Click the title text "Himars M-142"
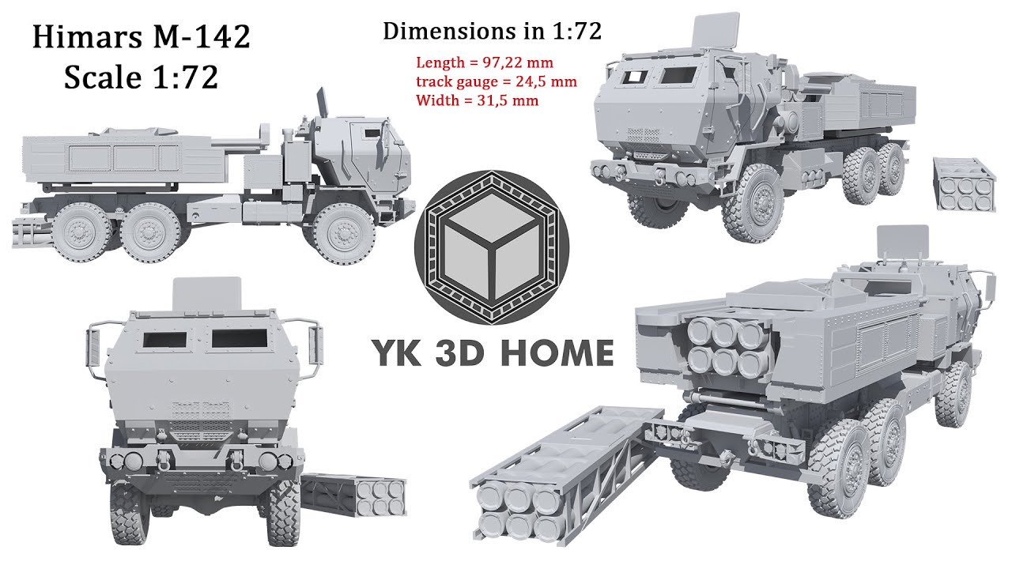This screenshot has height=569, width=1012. point(141,37)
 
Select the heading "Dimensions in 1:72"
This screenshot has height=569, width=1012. point(492,32)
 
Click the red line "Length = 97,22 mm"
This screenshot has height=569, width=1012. point(485,62)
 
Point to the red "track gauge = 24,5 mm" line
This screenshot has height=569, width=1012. point(496,81)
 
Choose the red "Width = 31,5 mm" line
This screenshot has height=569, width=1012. point(477,100)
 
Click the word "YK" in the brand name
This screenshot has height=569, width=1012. point(395,353)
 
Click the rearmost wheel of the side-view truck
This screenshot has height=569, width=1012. point(81,233)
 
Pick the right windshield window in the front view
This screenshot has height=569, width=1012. point(240,338)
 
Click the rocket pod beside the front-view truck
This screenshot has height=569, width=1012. point(356,496)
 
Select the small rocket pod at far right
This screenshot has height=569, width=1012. point(964,185)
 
